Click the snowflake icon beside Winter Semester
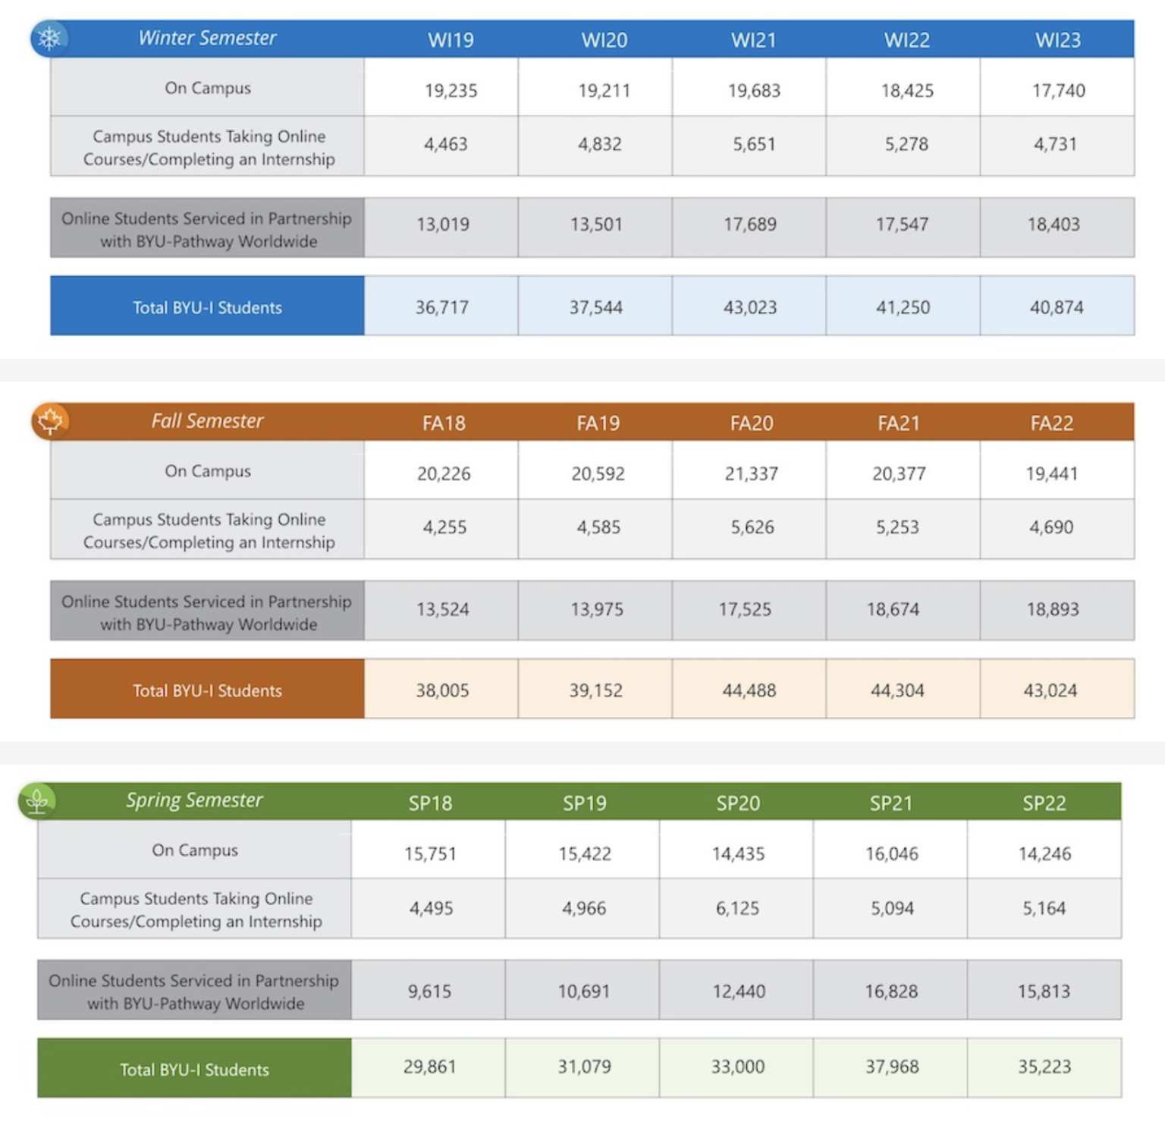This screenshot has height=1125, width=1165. tap(49, 39)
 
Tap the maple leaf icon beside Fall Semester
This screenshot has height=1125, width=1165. tap(50, 421)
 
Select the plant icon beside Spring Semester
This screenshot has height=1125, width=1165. tap(37, 801)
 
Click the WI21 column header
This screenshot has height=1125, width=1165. tap(753, 40)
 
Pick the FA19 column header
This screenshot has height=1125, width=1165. tap(598, 423)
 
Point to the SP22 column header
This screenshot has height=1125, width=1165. tap(1044, 803)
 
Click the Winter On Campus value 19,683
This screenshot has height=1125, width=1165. tap(754, 91)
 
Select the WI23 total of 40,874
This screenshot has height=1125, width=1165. tap(1057, 307)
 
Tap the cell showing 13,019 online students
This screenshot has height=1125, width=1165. tap(443, 225)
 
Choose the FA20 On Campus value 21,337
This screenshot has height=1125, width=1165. tap(752, 474)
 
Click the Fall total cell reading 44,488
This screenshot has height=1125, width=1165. tap(749, 690)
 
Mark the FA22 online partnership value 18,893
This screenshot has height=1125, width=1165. tap(1053, 609)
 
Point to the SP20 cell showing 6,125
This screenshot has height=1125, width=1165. tap(737, 908)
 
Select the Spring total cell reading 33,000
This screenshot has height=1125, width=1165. tap(737, 1067)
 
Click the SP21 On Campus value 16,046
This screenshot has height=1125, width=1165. tap(892, 854)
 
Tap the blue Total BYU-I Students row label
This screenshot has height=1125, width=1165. tap(207, 307)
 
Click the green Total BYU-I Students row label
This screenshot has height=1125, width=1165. tap(194, 1070)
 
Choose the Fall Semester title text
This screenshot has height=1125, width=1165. tap(207, 421)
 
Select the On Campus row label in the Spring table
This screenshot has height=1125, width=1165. tap(195, 850)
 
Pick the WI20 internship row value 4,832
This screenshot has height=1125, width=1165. tap(600, 144)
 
